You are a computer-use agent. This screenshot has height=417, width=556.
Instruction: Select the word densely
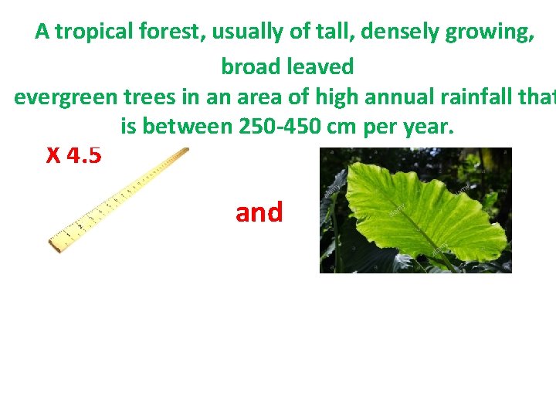click(392, 32)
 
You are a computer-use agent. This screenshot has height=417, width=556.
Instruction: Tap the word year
click(425, 127)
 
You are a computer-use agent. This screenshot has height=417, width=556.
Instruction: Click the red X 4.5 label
click(73, 156)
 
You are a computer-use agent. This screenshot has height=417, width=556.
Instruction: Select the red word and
click(259, 212)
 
